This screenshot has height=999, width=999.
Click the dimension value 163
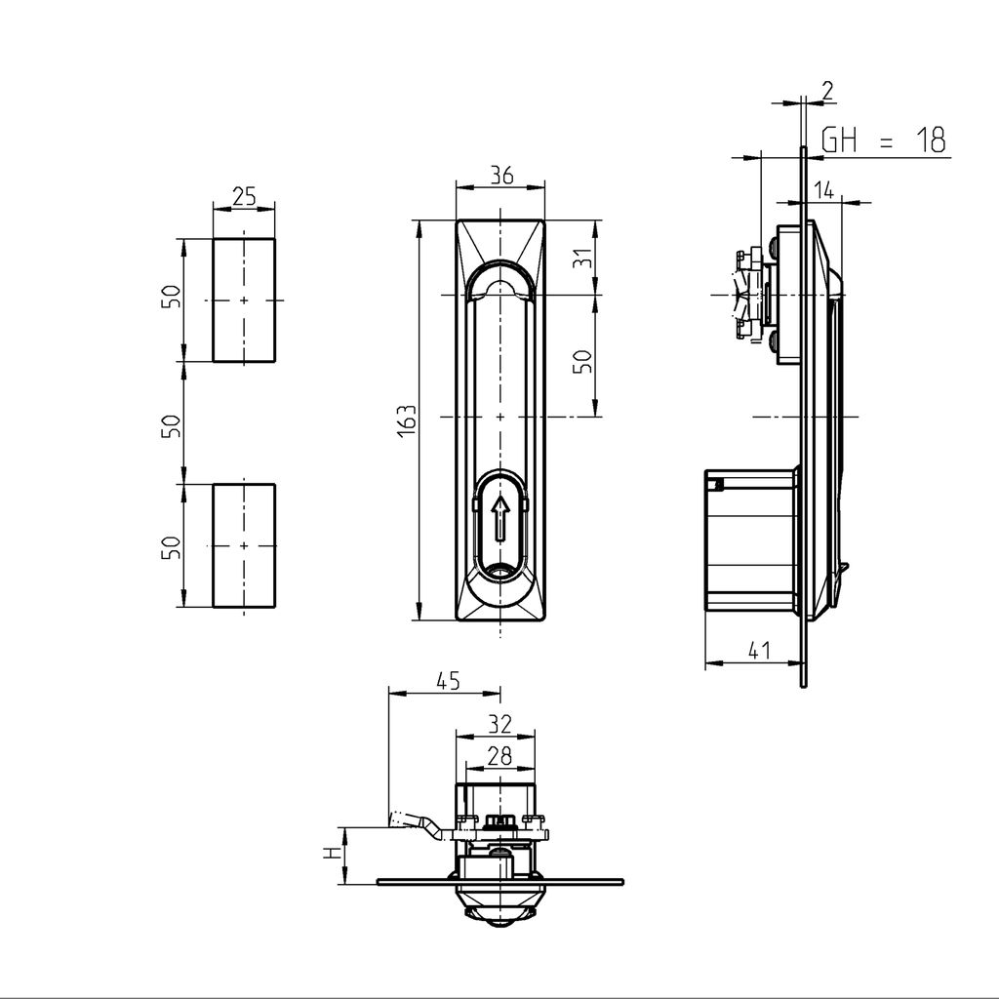click(408, 420)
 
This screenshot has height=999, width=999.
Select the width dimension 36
click(501, 176)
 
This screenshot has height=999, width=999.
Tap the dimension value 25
click(244, 196)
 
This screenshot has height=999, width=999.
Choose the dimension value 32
click(499, 724)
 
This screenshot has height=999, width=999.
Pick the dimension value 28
click(499, 754)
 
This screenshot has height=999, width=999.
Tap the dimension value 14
click(824, 190)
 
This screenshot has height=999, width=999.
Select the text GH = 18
click(883, 140)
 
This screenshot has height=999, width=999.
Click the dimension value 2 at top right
click(827, 91)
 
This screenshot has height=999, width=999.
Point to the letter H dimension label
click(332, 855)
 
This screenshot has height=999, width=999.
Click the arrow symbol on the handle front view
click(499, 517)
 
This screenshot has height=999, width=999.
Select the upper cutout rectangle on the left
click(244, 300)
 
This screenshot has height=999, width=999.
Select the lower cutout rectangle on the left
click(244, 544)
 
